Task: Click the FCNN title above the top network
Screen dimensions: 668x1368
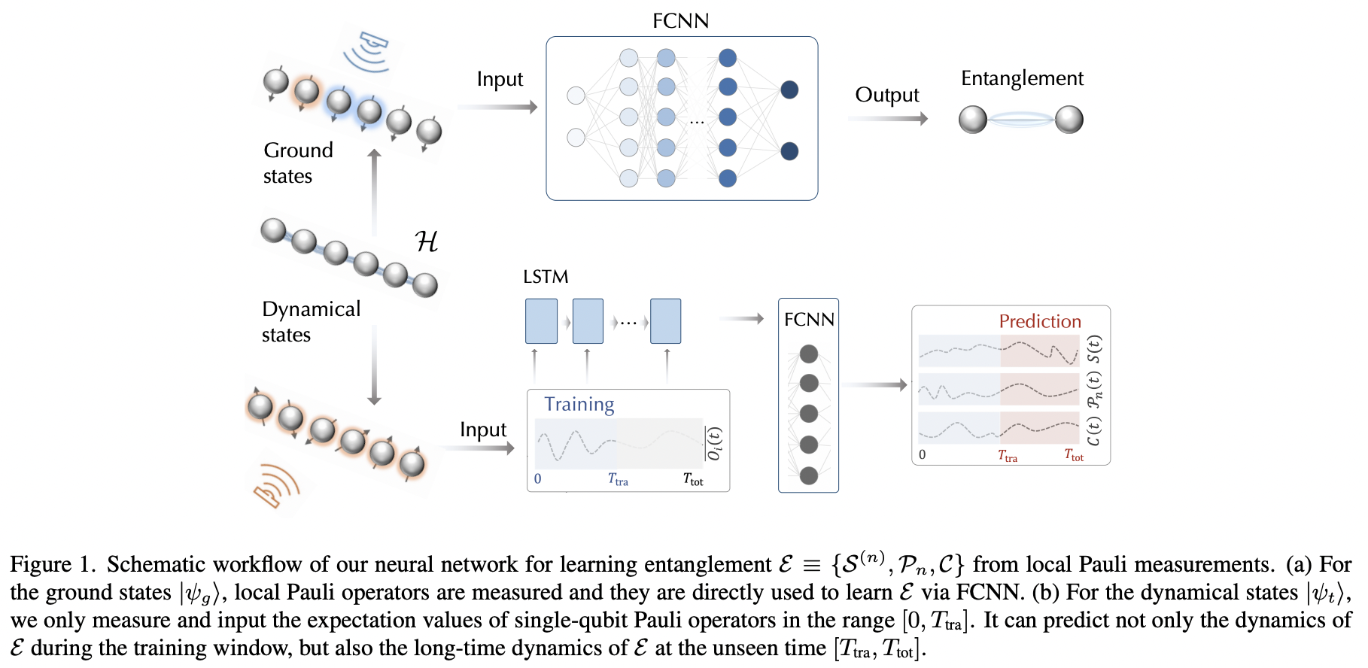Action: (680, 20)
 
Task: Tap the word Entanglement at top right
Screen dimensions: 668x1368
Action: (1022, 78)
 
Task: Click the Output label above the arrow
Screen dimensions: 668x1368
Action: (886, 95)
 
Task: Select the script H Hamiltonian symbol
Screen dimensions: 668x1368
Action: (426, 241)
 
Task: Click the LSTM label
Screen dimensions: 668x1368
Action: (546, 277)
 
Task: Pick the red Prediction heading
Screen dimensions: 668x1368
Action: (1039, 321)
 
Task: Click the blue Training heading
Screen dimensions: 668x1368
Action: (579, 404)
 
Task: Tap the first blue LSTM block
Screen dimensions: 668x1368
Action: (541, 321)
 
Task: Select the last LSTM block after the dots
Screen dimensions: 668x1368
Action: (665, 321)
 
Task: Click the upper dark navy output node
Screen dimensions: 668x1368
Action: (789, 90)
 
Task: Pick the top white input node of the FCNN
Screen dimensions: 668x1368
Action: (576, 96)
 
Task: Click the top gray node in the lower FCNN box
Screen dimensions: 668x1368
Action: (809, 354)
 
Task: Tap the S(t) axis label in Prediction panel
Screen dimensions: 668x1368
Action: (1095, 349)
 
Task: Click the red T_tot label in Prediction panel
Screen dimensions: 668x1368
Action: (1074, 455)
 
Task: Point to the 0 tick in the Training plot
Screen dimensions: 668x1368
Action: (537, 478)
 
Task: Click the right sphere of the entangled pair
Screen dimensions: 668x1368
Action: (1069, 120)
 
